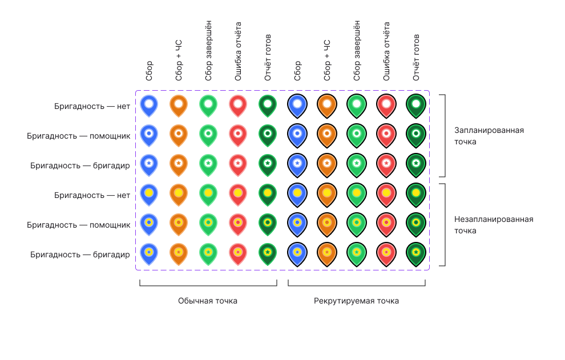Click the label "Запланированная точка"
tap(489, 136)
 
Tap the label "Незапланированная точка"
tap(494, 225)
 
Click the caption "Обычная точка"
tap(208, 301)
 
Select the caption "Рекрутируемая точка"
tap(356, 301)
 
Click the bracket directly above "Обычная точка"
tap(208, 285)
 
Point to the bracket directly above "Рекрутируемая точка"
tap(357, 285)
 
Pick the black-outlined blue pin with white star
tap(297, 165)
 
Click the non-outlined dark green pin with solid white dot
tap(268, 106)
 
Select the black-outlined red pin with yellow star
tap(386, 254)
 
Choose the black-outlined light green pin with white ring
tap(357, 136)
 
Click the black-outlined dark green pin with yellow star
tap(416, 254)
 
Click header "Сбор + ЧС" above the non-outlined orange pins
tap(179, 60)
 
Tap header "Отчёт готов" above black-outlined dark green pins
tap(416, 58)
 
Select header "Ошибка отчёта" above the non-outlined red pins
tap(238, 51)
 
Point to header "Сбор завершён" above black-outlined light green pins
tap(357, 51)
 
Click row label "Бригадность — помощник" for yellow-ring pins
tap(79, 225)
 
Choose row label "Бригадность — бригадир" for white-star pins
tap(80, 165)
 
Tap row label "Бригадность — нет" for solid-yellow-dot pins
tap(92, 195)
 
